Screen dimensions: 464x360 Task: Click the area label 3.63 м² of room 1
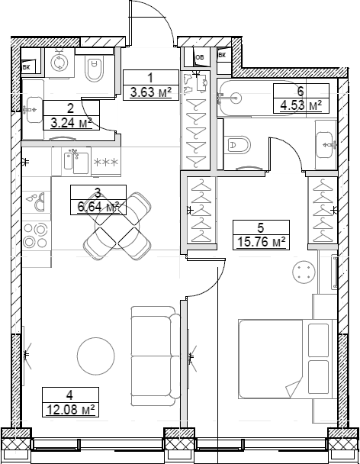[x=150, y=92]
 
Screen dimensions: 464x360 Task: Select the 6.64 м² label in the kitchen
[x=97, y=207]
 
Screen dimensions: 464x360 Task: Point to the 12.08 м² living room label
[x=69, y=410]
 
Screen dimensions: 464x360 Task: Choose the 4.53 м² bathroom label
[x=300, y=105]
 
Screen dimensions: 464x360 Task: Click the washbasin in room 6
[x=325, y=143]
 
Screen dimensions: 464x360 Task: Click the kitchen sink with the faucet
[x=72, y=162]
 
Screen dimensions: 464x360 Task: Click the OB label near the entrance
[x=200, y=56]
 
